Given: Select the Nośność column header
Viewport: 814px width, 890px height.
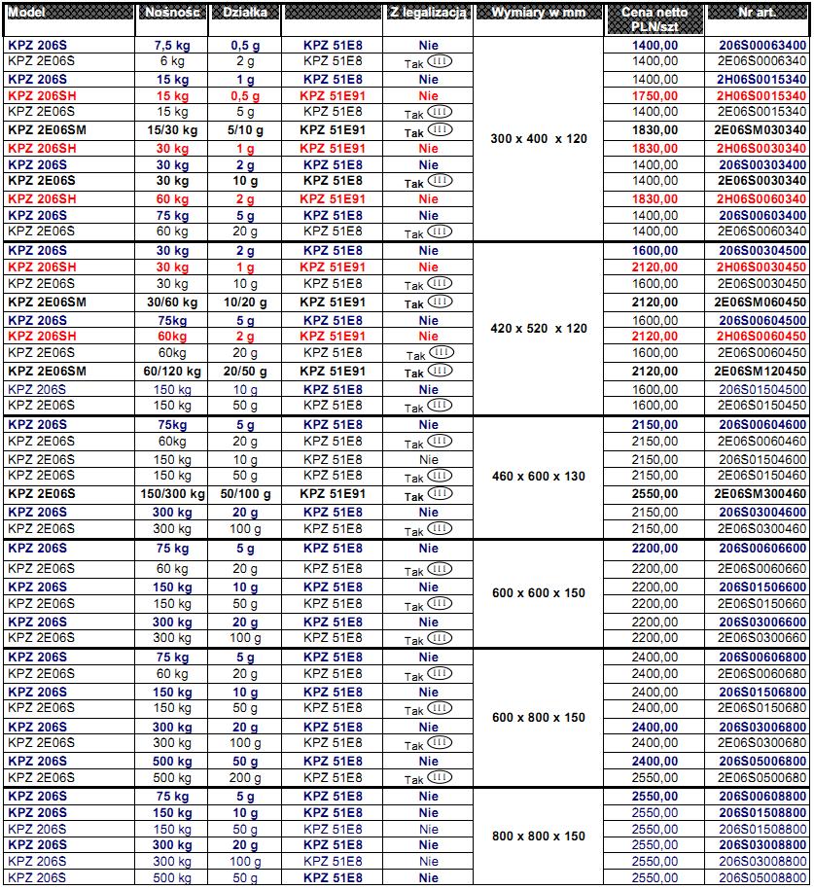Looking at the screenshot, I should point(172,14).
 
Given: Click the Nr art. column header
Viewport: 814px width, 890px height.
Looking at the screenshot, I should point(759,14).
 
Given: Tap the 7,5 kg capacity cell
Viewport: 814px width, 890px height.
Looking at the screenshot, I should point(172,45).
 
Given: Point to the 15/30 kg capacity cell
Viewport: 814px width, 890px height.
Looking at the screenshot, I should point(172,129).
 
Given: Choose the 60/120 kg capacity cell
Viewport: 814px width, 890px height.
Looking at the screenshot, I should point(172,371).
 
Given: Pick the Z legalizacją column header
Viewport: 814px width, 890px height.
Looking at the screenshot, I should point(429,14).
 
